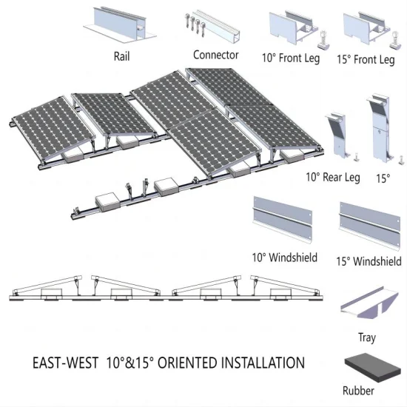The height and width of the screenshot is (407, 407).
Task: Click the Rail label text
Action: [122, 56]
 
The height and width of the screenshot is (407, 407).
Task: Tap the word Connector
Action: [215, 55]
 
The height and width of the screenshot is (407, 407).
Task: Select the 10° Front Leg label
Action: [291, 58]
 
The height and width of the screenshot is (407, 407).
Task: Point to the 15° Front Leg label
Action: [366, 60]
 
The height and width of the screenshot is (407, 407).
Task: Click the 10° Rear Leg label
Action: [333, 178]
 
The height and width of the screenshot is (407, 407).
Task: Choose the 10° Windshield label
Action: [285, 258]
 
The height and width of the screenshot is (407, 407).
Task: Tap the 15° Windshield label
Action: [369, 261]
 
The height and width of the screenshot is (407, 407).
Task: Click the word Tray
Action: [367, 337]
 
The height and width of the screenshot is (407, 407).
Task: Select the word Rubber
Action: [358, 391]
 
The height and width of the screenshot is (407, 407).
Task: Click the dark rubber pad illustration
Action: [373, 367]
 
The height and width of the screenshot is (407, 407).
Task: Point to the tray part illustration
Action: [369, 303]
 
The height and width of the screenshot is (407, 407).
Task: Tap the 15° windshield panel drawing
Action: [370, 226]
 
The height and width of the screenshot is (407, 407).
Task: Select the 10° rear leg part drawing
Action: [337, 135]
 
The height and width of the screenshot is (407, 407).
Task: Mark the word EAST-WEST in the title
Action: [65, 363]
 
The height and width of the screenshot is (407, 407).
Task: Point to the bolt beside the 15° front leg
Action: [396, 40]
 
